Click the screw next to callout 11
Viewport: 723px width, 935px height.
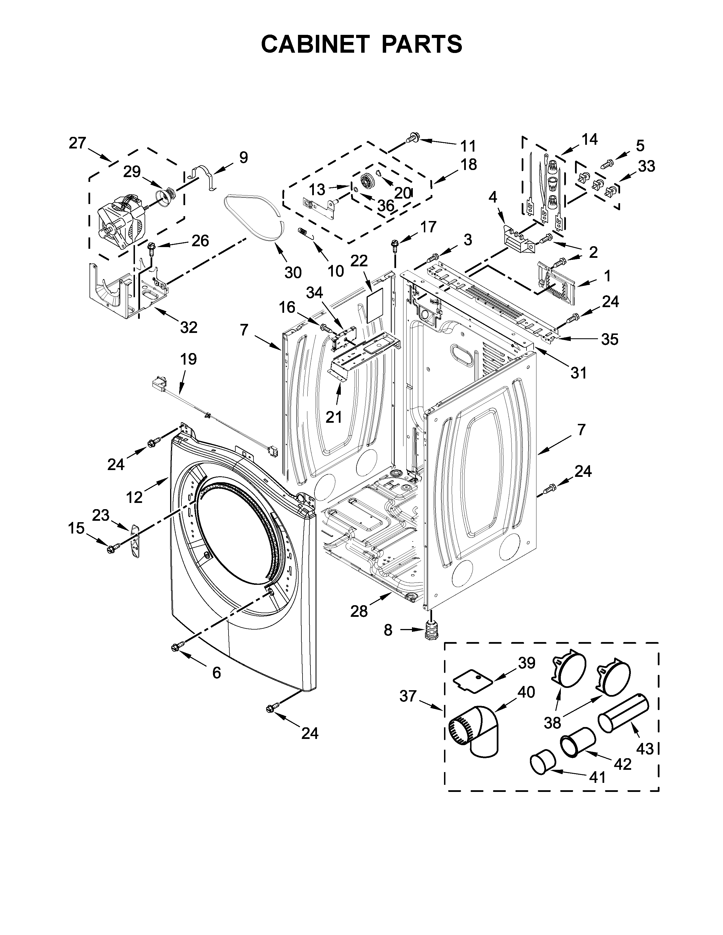413,138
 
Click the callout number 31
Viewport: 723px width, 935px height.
578,373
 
